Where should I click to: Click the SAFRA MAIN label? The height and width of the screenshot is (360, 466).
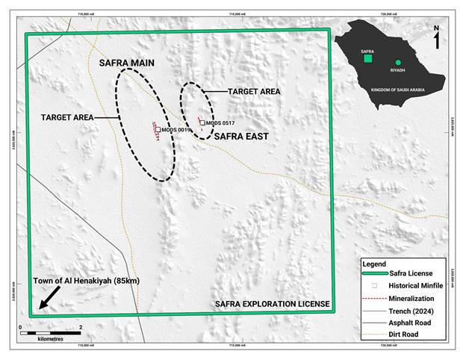[127, 63]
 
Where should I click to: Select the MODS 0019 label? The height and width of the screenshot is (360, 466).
[177, 130]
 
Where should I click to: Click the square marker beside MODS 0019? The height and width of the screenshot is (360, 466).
[158, 129]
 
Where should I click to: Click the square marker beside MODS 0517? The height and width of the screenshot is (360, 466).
[202, 122]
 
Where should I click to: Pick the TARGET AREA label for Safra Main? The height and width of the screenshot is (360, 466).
[68, 118]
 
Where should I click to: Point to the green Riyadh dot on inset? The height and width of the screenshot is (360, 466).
[398, 63]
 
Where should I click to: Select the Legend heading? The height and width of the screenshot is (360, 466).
[374, 264]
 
